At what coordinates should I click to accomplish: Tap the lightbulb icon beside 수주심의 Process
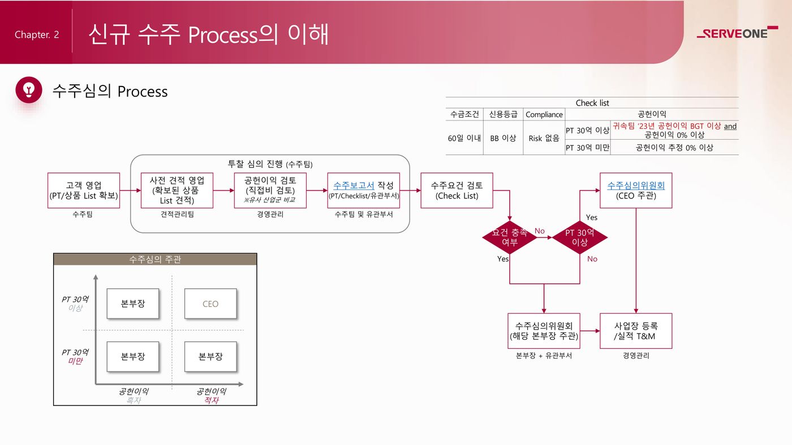pos(29,90)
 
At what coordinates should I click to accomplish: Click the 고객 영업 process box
pos(84,191)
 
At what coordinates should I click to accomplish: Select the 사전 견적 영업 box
pos(177,191)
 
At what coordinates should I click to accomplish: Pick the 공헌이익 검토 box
pos(270,191)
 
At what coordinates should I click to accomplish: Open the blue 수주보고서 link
pos(354,185)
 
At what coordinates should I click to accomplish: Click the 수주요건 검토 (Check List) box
pos(457,191)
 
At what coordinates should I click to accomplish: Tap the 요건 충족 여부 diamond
pos(509,237)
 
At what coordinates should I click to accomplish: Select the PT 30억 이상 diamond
pos(580,237)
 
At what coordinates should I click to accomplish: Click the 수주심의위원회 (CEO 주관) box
pos(636,191)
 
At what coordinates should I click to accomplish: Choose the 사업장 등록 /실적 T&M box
pos(636,331)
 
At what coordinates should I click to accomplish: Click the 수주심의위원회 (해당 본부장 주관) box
pos(544,331)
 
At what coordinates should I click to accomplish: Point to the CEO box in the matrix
pos(210,304)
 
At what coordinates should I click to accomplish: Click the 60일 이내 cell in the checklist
pos(464,138)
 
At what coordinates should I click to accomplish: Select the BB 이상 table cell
pos(502,138)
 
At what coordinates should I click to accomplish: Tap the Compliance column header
pos(544,114)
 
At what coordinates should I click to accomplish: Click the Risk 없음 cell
pos(544,138)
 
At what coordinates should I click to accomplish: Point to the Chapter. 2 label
pos(37,34)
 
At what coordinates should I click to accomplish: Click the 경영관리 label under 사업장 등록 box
pos(636,356)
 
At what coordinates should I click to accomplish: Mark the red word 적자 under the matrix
pos(211,400)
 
